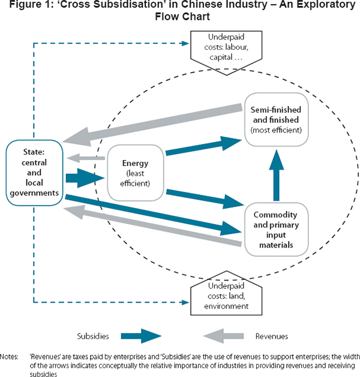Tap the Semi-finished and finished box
(277, 119)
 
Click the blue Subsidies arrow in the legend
(141, 336)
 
